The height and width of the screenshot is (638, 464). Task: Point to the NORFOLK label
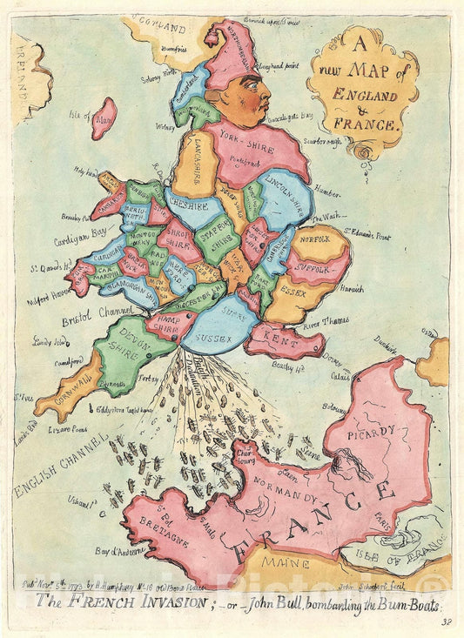tap(317, 236)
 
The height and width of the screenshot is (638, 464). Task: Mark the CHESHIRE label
tap(188, 207)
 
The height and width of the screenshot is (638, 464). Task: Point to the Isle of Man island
tap(104, 118)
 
